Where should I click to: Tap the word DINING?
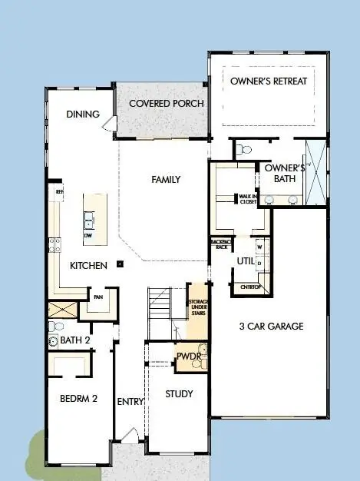click(83, 114)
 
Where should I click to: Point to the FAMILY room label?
click(166, 180)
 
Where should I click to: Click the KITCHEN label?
click(88, 265)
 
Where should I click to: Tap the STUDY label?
click(179, 394)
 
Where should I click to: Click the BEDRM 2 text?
click(78, 398)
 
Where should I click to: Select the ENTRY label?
click(130, 402)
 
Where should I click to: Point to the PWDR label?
click(188, 357)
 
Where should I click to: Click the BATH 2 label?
click(76, 340)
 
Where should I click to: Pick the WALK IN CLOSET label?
click(246, 199)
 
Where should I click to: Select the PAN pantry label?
click(98, 296)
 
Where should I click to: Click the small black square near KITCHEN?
click(120, 264)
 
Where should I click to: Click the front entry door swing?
click(131, 441)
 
